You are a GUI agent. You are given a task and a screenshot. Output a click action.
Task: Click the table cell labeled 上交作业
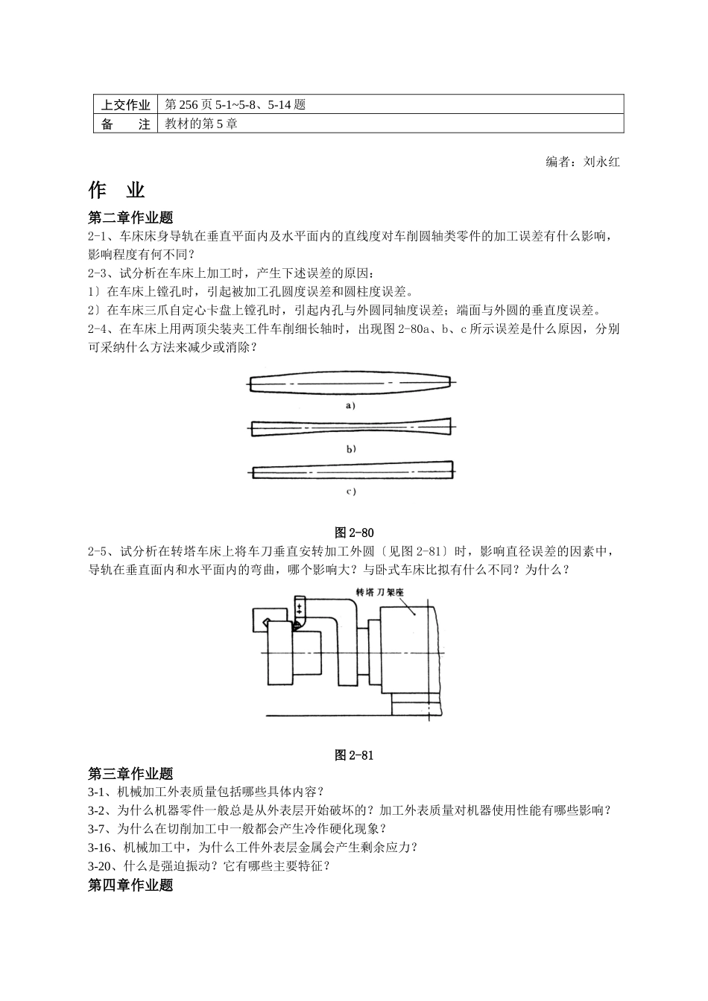point(126,105)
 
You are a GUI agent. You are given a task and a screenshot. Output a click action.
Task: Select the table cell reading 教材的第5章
point(201,124)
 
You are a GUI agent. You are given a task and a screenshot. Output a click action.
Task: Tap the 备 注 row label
point(126,124)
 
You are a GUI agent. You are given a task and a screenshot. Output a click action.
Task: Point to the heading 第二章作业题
point(130,217)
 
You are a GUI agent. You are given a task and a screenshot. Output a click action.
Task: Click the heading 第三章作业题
point(130,774)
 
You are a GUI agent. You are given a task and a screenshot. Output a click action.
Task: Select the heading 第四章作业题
point(130,885)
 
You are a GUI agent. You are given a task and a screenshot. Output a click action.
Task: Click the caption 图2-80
point(354,533)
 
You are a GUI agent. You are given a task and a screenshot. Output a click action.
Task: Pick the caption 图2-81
point(354,755)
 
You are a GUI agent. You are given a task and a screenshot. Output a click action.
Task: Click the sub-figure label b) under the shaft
point(351,449)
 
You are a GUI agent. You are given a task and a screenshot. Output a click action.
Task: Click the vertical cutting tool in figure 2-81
point(300,608)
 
